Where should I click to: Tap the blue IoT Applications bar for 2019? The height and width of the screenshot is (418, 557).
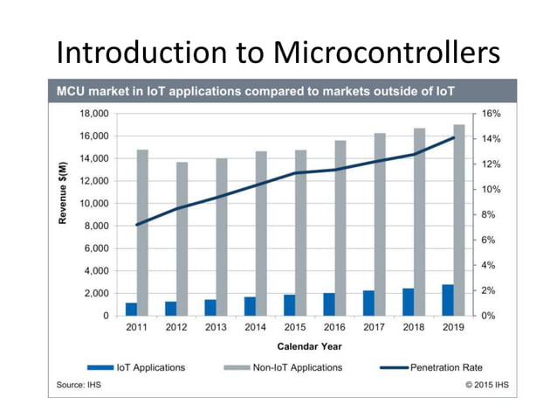tap(447, 300)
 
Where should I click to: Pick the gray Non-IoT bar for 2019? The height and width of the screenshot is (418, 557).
tap(459, 219)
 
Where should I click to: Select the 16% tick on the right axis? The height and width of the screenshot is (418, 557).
tap(490, 114)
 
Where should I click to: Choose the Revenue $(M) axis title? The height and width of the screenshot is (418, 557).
tap(63, 192)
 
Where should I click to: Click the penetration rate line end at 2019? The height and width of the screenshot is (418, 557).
tap(453, 137)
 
